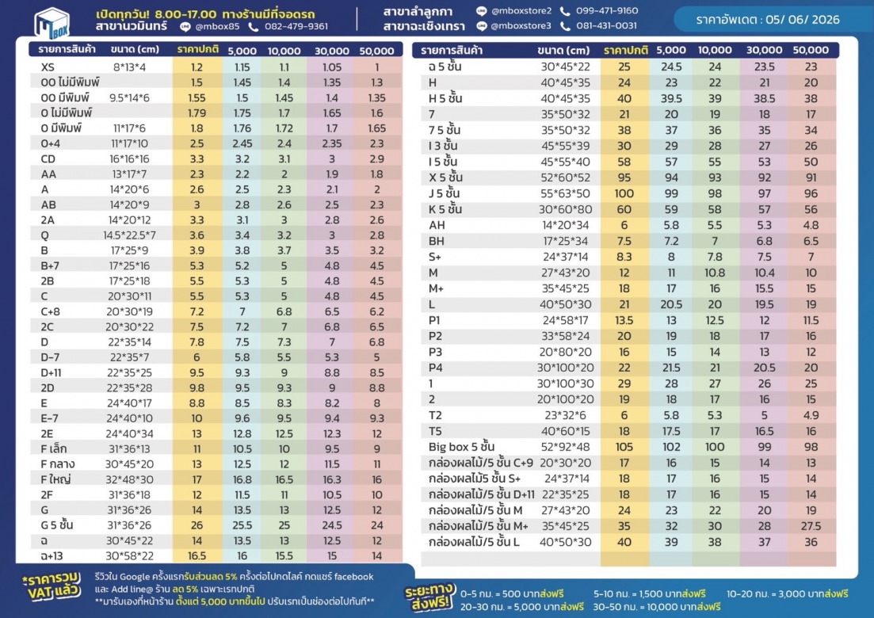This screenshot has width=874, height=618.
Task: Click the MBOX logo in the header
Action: [52, 23]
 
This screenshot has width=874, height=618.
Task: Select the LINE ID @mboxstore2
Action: [521, 10]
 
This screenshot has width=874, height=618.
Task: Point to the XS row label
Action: [48, 67]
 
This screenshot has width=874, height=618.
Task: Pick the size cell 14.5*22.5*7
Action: [129, 235]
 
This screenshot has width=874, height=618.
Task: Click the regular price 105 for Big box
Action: [624, 447]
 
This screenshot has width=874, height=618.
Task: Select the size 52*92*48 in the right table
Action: [565, 447]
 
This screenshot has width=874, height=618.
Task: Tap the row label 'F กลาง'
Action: [57, 464]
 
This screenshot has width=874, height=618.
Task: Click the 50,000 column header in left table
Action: [377, 51]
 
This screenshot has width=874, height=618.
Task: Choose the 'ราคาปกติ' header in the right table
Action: [625, 50]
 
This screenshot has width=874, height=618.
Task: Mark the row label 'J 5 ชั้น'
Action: [445, 193]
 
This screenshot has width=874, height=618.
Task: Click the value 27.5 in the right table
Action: [811, 526]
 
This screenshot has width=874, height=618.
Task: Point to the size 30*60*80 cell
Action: [565, 209]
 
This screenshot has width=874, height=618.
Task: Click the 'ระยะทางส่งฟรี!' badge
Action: [429, 597]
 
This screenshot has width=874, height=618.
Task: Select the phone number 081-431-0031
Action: [606, 25]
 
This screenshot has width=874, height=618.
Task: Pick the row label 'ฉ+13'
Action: [52, 555]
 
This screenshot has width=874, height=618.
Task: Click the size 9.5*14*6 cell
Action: [129, 97]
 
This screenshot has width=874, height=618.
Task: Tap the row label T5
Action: [435, 431]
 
